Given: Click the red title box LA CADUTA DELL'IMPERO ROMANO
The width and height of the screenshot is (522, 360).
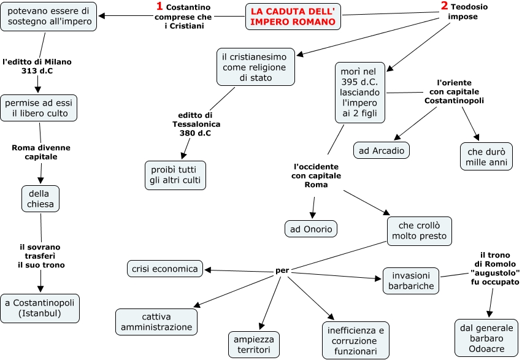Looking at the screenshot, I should coord(293,17).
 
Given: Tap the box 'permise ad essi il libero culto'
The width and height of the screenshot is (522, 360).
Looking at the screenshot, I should coord(39,109).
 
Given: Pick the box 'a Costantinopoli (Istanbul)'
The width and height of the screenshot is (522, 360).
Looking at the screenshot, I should coord(40,308).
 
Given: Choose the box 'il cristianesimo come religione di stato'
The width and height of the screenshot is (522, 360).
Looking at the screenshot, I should coord(256,67).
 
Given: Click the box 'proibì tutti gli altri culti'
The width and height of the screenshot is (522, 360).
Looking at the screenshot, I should coord(175,175).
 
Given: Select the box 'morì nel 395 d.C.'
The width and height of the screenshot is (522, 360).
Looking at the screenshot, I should coord(360,92).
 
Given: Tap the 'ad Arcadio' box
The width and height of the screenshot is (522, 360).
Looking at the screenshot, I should coord(382,150).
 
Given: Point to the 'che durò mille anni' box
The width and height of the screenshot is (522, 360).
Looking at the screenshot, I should coord(486,156).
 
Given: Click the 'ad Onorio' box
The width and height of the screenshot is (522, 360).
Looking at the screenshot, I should coord(311,229).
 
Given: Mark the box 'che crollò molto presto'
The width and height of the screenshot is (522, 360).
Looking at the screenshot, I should coord(420,230).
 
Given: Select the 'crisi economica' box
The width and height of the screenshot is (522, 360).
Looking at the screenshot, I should coord(165,269).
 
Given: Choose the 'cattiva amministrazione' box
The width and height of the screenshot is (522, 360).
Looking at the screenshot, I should coord(157,322).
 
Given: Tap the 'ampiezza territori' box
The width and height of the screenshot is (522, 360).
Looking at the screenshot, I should coord(253,345).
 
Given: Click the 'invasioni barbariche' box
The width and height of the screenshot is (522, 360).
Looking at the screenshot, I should coord(411,280).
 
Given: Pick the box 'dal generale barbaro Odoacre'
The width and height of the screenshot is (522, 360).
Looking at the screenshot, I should coord(486,338).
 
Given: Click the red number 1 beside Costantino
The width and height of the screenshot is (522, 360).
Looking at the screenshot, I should coord(159,7).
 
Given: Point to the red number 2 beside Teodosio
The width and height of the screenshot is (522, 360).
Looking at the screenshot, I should coord(444,6).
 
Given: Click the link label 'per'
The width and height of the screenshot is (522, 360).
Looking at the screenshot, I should coord(282,270).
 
